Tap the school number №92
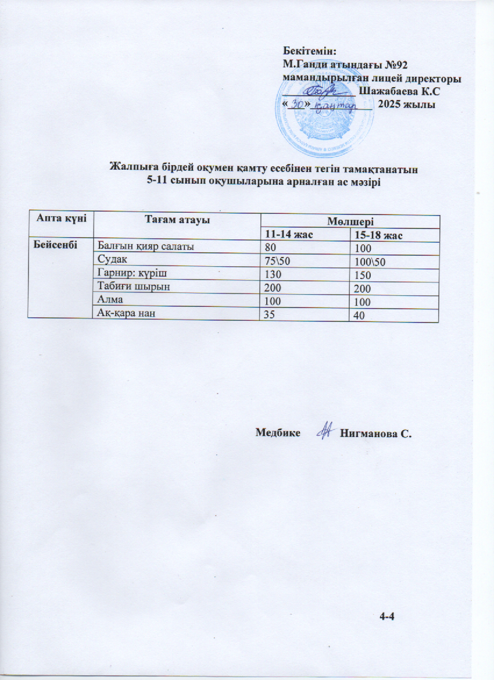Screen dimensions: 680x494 coord(399,64)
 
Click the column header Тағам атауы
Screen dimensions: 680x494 coord(177,219)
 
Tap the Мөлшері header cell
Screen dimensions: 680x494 coord(350,221)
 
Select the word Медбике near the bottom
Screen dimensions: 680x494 coord(278,432)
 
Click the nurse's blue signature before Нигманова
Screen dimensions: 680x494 coord(324,431)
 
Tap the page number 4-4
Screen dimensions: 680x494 coord(386,615)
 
